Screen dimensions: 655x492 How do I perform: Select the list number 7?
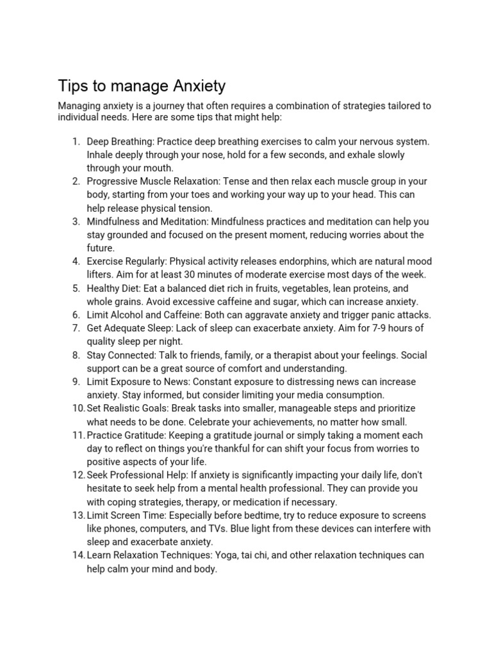click(75, 328)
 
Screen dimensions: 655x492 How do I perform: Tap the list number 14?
click(78, 555)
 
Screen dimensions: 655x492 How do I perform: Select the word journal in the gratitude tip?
click(230, 435)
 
